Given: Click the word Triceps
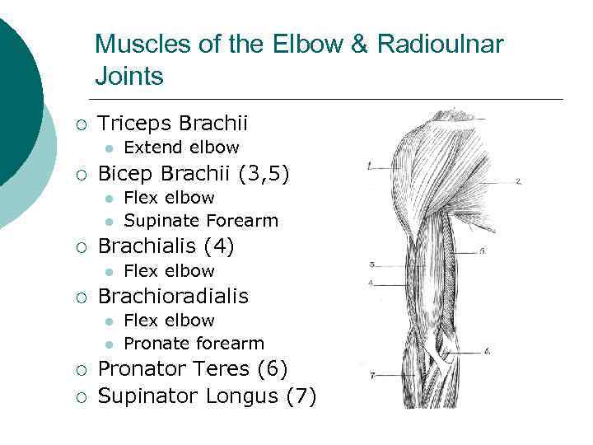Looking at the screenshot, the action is tap(132, 124).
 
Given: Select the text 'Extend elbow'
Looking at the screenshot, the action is tap(181, 148).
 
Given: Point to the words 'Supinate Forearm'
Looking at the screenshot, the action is tap(201, 221).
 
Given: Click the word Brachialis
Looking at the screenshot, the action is tap(146, 246).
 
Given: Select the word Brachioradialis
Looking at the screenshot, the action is tap(173, 296).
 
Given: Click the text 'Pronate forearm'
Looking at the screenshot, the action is tap(194, 344).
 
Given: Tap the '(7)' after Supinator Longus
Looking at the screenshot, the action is tap(301, 396).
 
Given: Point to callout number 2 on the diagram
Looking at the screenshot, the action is tap(518, 180).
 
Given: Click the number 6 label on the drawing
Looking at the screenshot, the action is tap(488, 352).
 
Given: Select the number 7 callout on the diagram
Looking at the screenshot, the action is tap(372, 376).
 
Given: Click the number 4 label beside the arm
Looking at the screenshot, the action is tap(371, 283).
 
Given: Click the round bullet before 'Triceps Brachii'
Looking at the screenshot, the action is tap(80, 124).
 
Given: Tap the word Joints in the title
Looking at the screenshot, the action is tap(129, 77).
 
